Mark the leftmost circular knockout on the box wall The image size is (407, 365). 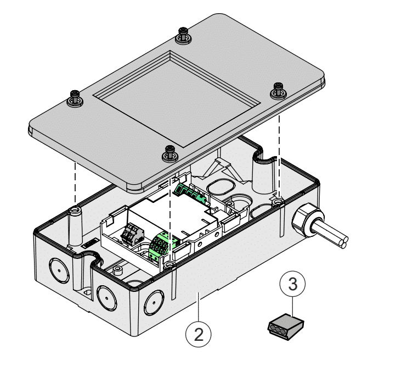[57, 267]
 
